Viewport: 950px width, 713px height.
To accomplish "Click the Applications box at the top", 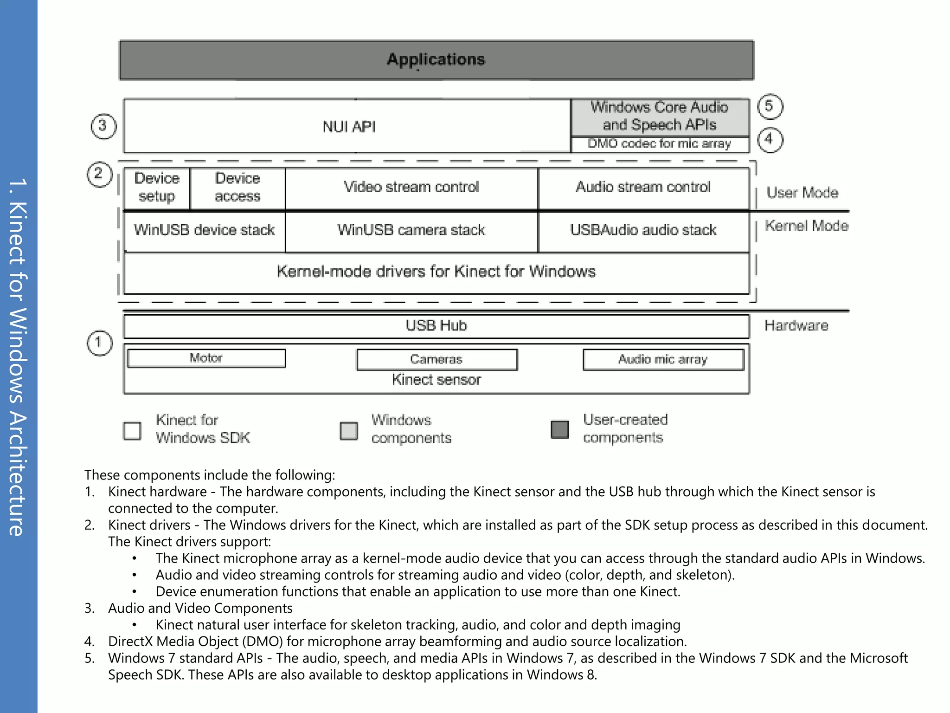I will click(436, 60).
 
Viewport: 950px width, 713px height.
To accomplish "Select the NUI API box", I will click(348, 126).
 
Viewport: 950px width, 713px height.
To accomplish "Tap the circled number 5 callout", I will click(770, 106).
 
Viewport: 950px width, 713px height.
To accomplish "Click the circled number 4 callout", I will click(770, 139).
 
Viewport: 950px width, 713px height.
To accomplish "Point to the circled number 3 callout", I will click(103, 126).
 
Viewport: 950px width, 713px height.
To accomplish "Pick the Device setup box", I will click(157, 188).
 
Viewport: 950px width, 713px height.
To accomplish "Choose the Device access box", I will click(237, 188).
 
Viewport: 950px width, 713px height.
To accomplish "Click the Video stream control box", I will click(411, 188).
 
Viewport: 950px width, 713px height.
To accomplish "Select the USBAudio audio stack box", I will click(643, 230).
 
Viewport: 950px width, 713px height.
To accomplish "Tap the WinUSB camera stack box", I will click(411, 230).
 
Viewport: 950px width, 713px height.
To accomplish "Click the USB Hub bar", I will click(436, 326).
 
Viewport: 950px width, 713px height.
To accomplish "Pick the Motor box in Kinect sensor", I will click(206, 358).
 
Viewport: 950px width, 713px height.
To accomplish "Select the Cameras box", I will click(436, 359).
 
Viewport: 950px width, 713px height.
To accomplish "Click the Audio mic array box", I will click(663, 359).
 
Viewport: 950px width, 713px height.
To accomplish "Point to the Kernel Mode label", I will click(806, 226).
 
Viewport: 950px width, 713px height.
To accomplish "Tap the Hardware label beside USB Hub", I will click(796, 326).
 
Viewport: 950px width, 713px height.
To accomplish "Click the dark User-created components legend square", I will click(559, 429).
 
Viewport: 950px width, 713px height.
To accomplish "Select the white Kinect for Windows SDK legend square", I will click(132, 430).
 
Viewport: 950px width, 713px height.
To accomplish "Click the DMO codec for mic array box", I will click(659, 144).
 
